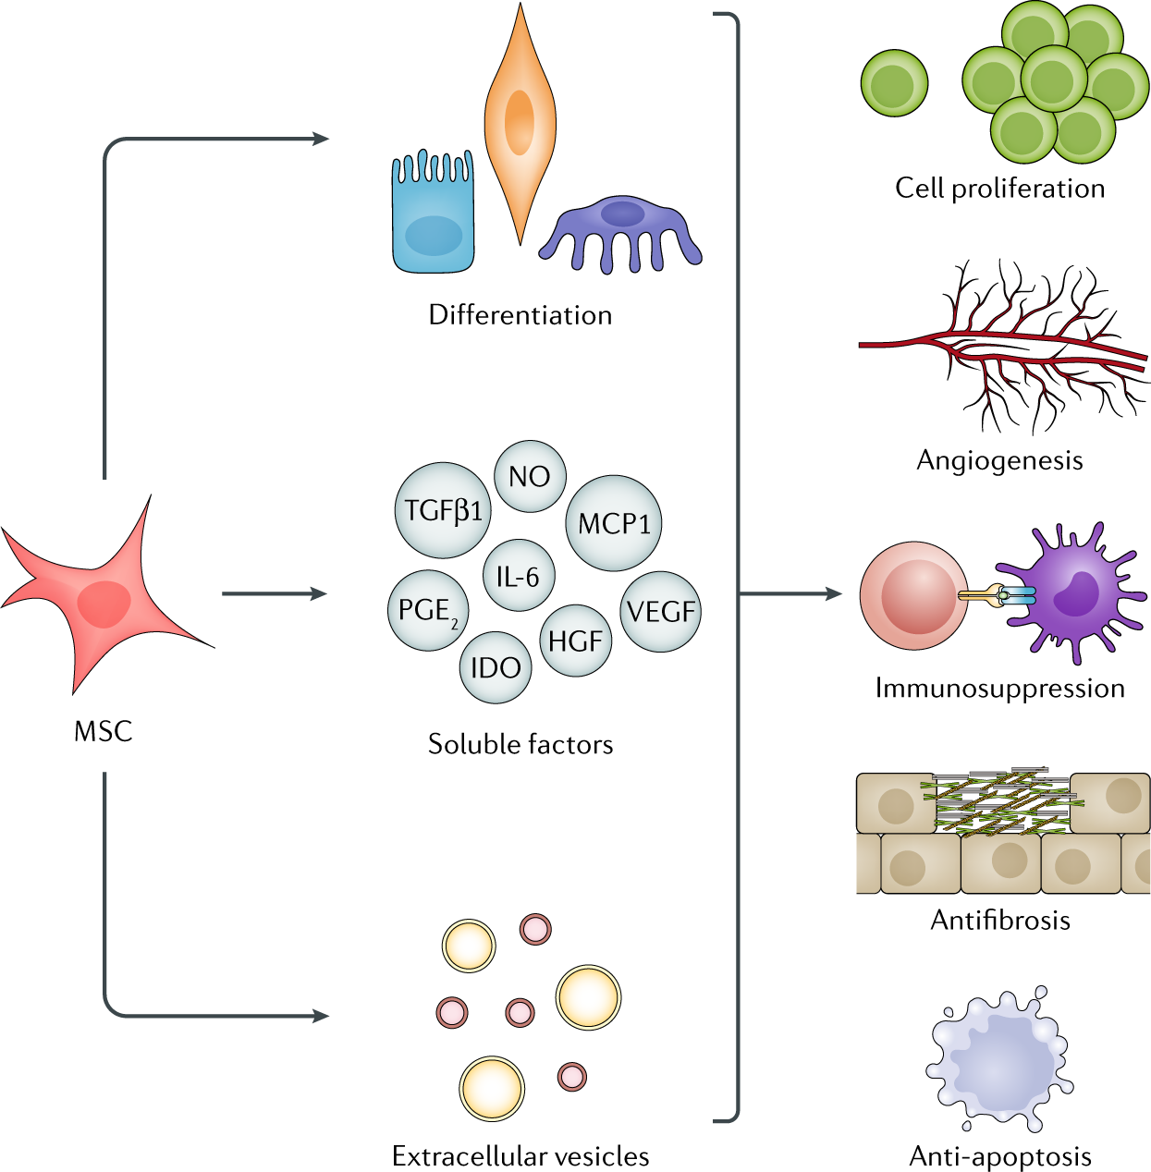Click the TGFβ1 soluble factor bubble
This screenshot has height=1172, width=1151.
click(443, 510)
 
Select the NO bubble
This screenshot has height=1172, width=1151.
click(530, 476)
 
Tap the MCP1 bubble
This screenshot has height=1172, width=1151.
click(614, 523)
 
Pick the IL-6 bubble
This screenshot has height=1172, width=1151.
click(519, 575)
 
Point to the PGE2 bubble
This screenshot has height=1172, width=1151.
click(428, 611)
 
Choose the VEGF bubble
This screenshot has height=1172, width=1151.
click(661, 612)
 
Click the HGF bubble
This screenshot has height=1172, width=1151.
click(575, 641)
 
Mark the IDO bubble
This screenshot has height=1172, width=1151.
click(496, 668)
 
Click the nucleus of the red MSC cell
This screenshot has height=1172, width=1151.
click(104, 604)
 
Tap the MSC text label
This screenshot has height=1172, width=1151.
click(103, 731)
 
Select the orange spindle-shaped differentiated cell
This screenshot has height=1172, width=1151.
click(520, 124)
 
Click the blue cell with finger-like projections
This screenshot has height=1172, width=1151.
click(434, 212)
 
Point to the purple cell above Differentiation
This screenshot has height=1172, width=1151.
click(620, 234)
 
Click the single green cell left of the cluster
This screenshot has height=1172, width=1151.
click(894, 83)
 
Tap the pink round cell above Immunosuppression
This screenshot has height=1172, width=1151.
click(913, 596)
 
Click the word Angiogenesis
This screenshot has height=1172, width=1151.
click(999, 461)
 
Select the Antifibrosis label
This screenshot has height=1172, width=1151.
click(1000, 921)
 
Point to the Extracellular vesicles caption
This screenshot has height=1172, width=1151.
click(520, 1155)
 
